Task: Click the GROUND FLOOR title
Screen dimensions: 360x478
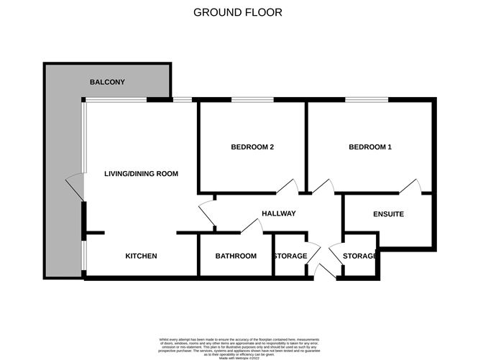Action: [x=238, y=12]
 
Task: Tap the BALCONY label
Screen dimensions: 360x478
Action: [x=107, y=82]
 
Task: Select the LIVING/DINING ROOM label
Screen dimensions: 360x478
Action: [x=141, y=174]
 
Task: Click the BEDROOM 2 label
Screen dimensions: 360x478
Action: [x=252, y=147]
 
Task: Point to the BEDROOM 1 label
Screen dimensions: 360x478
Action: [x=370, y=147]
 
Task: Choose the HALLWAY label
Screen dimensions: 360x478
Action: [x=279, y=213]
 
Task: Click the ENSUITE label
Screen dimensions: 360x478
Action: [x=388, y=214]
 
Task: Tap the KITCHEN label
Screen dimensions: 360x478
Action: [x=141, y=257]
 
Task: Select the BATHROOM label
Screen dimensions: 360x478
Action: [x=236, y=257]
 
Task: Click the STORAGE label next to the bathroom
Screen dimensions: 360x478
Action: [x=289, y=257]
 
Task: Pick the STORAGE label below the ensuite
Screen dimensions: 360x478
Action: [x=359, y=257]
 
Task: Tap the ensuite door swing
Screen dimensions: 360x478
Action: [x=411, y=187]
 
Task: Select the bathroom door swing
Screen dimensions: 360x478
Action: [x=252, y=226]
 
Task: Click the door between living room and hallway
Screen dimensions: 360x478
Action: [x=206, y=214]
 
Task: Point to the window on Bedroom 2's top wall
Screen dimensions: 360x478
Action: [x=252, y=100]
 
